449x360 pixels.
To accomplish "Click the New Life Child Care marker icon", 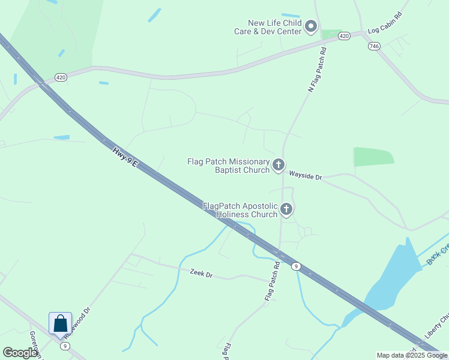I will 311,26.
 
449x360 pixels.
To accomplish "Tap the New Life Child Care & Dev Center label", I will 268,27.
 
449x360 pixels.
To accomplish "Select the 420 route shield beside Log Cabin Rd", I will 344,37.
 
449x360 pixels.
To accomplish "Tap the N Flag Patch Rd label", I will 318,70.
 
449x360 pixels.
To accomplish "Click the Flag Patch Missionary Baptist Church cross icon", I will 279,165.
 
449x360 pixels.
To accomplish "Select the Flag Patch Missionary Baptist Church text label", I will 229,166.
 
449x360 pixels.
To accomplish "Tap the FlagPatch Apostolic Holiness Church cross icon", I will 286,209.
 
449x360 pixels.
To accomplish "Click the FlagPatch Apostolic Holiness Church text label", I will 240,210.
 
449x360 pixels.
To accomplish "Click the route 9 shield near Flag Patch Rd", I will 295,266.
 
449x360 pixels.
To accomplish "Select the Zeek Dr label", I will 201,274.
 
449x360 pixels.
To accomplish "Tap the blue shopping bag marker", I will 60,324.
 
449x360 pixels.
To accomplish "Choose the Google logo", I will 20,353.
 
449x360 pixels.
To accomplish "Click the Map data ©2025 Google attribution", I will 412,355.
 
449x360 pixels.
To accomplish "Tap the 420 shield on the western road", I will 61,77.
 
